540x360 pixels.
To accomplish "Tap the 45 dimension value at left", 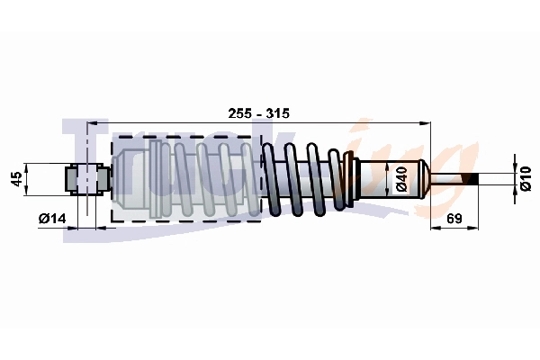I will click(15, 179).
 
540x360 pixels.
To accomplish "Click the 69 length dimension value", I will click(454, 219).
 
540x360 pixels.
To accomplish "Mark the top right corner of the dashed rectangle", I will click(260, 138).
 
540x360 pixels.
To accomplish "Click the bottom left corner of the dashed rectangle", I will click(112, 220).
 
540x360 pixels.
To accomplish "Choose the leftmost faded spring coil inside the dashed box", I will click(158, 178).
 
